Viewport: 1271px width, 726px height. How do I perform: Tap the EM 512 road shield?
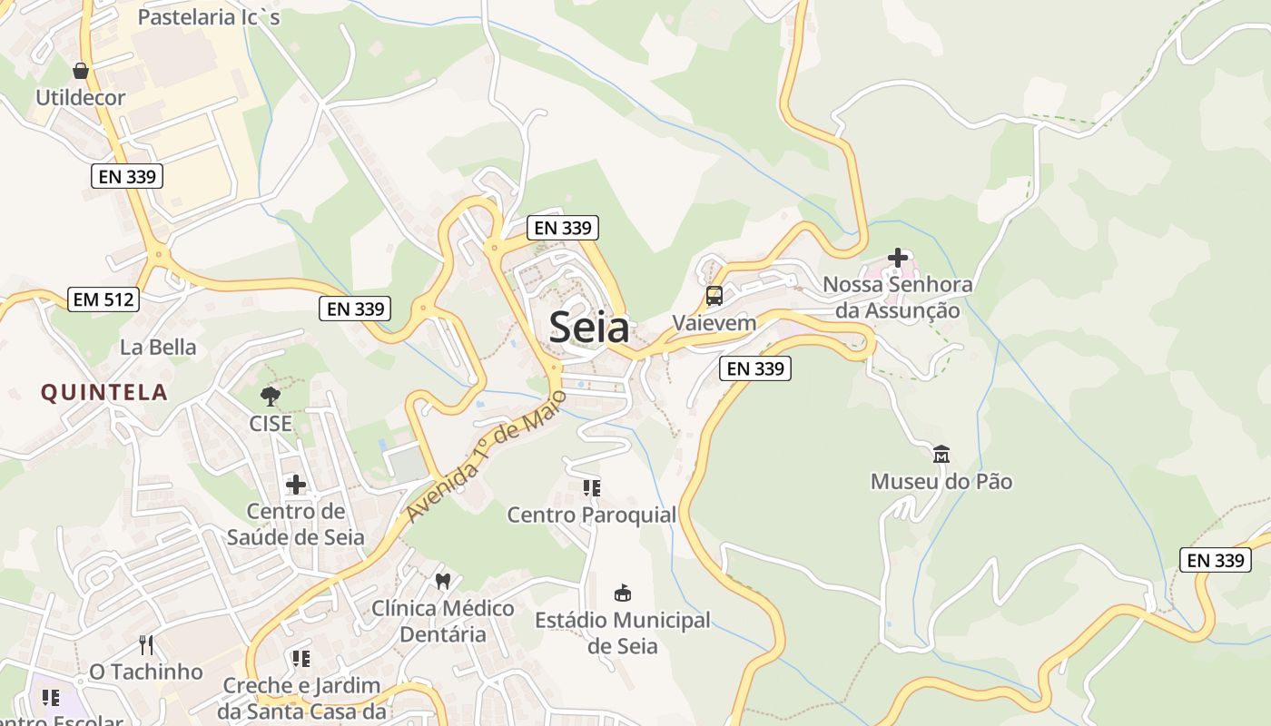pos(103,299)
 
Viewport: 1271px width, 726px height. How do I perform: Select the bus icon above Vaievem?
pos(714,296)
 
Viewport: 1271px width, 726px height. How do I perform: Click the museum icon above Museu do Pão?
pos(941,454)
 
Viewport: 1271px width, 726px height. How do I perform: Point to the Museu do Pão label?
pos(941,481)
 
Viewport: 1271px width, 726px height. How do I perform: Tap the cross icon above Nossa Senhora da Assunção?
pos(897,258)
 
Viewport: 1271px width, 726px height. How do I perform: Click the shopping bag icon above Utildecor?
pos(81,70)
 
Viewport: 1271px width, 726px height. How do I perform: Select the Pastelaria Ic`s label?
pos(209,16)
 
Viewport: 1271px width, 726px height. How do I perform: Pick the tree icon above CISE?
pos(270,396)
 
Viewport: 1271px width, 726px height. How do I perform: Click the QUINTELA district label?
pos(104,392)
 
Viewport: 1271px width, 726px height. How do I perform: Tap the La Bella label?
pos(158,347)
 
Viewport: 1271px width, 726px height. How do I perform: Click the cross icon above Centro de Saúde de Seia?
pos(296,485)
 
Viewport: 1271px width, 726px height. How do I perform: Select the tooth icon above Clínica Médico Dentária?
pos(443,581)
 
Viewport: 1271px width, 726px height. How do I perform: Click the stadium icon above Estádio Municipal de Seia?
pos(623,594)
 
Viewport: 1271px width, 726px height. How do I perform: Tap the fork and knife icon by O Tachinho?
pos(146,645)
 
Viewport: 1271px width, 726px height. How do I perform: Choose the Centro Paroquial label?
pos(592,515)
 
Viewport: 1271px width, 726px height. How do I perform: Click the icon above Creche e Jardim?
pos(301,659)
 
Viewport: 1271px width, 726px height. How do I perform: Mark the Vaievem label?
pos(714,323)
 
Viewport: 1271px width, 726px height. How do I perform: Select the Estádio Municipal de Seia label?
pos(623,633)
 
